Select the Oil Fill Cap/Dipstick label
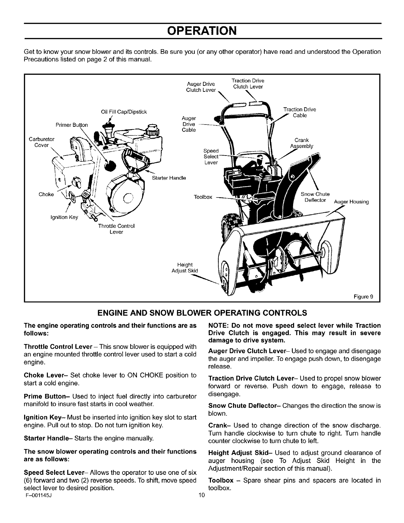point(124,112)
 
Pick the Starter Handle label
point(169,178)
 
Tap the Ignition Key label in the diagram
point(64,217)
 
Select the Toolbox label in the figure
point(203,197)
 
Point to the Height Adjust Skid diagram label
point(185,268)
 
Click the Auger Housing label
point(351,202)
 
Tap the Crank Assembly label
point(301,143)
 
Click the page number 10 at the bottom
point(202,495)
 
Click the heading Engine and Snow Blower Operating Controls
point(202,312)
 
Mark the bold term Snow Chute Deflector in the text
point(244,405)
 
